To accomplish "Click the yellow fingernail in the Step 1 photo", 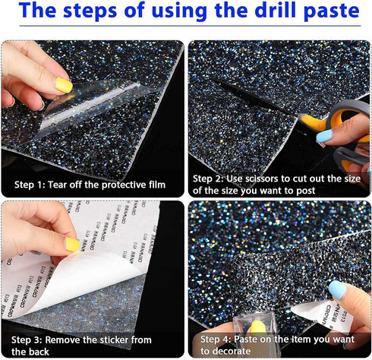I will (64, 86).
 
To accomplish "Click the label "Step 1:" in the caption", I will (34, 185).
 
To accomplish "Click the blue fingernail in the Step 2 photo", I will (325, 137).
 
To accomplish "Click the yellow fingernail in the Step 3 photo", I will (71, 244).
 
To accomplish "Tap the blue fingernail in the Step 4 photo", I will (337, 289).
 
